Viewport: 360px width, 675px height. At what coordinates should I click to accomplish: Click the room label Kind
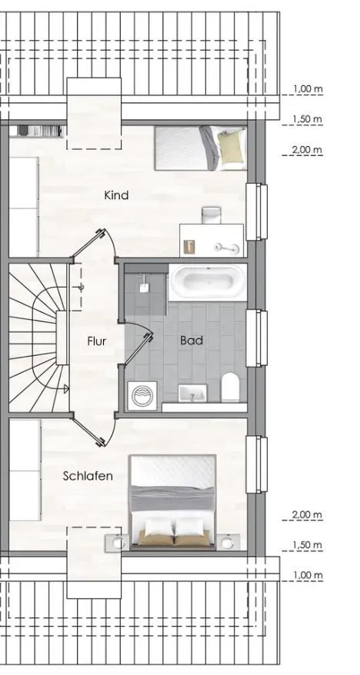pyautogui.click(x=116, y=195)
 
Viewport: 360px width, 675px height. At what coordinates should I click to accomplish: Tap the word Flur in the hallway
pyautogui.click(x=96, y=341)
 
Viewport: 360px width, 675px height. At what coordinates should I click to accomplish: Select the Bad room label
pyautogui.click(x=192, y=340)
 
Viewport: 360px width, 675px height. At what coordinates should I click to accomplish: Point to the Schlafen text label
pyautogui.click(x=88, y=476)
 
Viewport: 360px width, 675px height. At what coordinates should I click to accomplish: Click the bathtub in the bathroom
pyautogui.click(x=207, y=282)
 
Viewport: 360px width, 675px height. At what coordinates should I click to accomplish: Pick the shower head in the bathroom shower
pyautogui.click(x=143, y=286)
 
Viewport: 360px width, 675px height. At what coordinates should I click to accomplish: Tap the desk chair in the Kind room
pyautogui.click(x=211, y=214)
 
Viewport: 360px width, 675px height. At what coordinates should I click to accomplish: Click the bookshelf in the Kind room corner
pyautogui.click(x=34, y=131)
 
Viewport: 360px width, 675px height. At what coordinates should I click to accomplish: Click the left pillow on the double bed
pyautogui.click(x=158, y=527)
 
